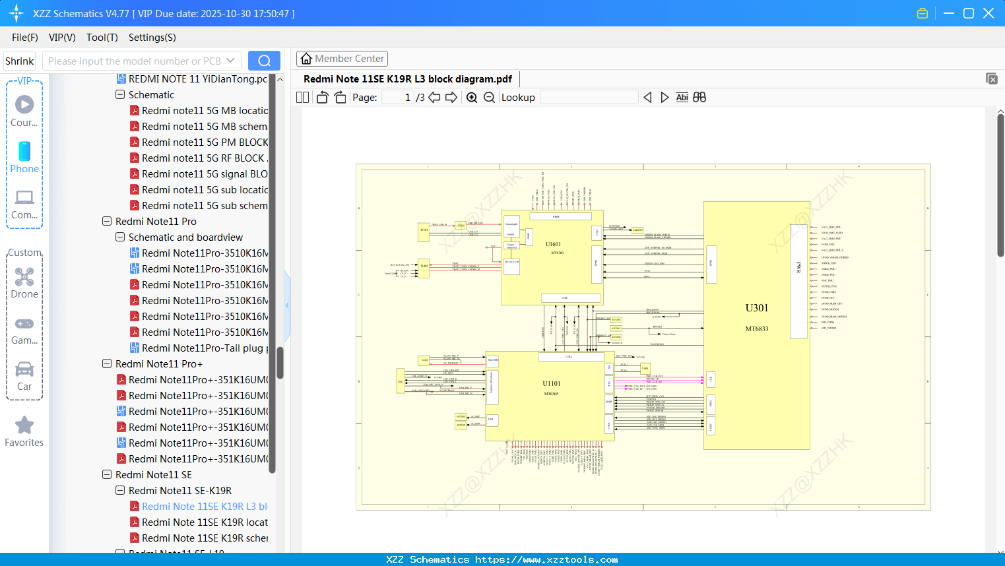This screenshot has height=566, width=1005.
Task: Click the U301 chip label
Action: (756, 308)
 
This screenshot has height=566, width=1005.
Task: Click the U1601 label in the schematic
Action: (553, 244)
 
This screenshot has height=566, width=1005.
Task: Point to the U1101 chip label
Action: (551, 383)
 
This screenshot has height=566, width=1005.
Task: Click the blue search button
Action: (264, 61)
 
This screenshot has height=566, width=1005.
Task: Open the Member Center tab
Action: (342, 59)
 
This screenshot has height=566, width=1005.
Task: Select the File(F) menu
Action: (25, 38)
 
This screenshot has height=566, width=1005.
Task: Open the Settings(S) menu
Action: (152, 38)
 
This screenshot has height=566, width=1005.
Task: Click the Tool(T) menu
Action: (102, 38)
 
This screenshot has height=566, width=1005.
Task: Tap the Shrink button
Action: (20, 61)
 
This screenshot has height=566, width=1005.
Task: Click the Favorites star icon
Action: (24, 425)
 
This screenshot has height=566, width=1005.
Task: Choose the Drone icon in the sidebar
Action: (24, 278)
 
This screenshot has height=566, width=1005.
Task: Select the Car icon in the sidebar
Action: (24, 369)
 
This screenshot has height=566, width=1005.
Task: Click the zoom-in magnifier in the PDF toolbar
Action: (472, 98)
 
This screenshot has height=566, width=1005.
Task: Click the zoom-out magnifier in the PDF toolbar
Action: (489, 98)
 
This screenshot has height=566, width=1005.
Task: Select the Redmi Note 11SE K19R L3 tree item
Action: (204, 507)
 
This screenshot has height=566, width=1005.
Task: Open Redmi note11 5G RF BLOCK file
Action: (204, 158)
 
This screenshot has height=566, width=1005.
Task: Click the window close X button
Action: (989, 13)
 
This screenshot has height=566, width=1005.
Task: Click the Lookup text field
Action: (589, 98)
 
